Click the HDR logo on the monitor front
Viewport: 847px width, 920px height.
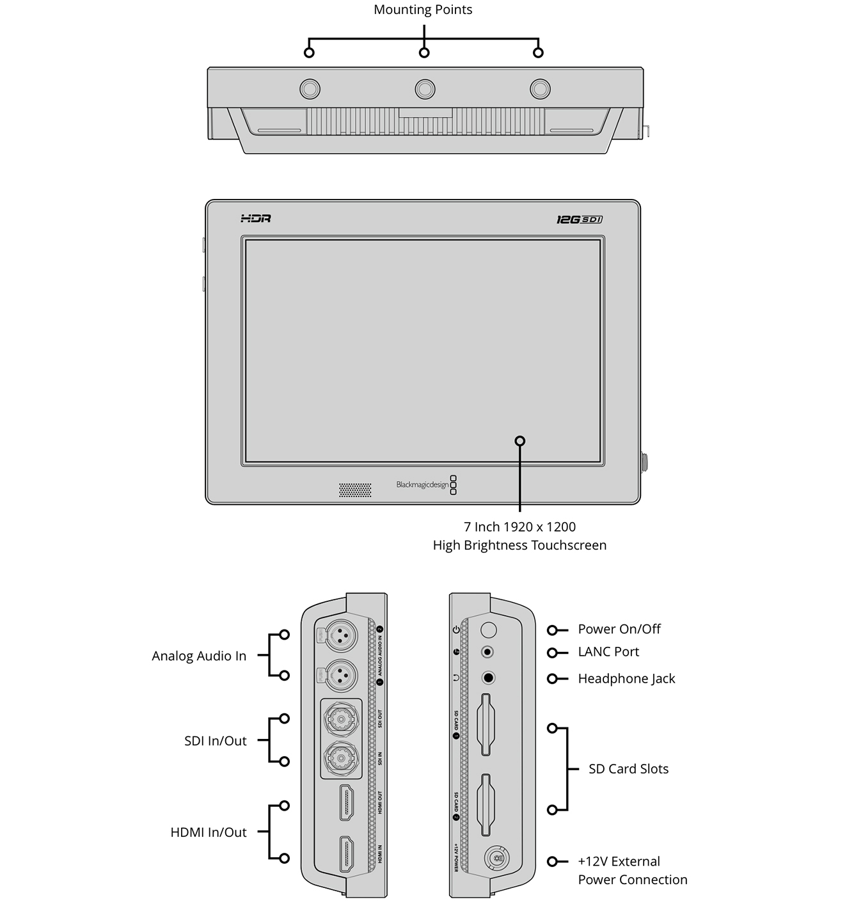point(256,219)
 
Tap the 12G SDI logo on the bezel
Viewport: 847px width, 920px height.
point(579,219)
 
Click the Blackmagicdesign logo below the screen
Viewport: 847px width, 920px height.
point(422,485)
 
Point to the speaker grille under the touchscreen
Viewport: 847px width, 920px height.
point(354,489)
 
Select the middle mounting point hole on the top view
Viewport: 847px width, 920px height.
point(425,88)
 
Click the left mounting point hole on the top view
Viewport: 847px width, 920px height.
point(310,88)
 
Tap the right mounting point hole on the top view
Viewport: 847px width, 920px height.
point(540,88)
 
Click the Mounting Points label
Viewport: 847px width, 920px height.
point(423,10)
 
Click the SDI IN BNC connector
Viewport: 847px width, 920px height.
point(342,758)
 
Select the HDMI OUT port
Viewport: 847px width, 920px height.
point(347,802)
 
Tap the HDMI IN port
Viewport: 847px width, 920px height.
point(347,854)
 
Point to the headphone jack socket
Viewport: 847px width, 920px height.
point(489,678)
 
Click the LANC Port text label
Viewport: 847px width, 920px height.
point(608,652)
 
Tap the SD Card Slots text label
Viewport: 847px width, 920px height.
point(628,769)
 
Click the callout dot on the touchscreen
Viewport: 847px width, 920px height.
point(520,441)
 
